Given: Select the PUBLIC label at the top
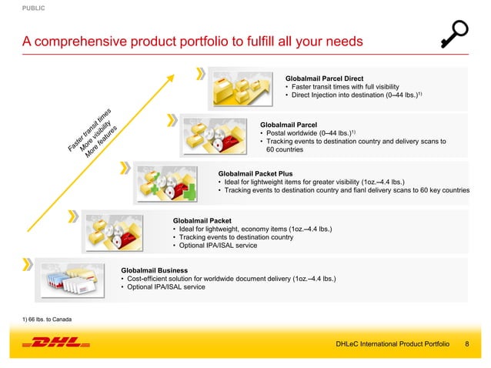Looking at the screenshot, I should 33,8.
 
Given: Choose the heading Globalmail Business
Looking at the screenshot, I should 158,269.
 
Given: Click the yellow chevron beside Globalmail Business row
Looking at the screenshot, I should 28,263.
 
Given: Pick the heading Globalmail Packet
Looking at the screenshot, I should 202,220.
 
